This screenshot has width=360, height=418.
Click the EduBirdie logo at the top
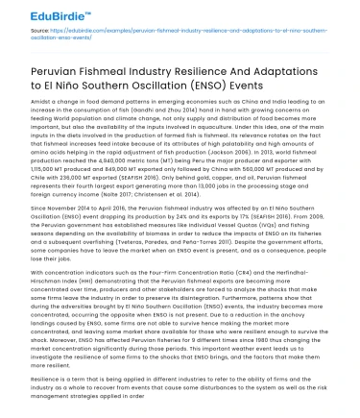tap(41, 14)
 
